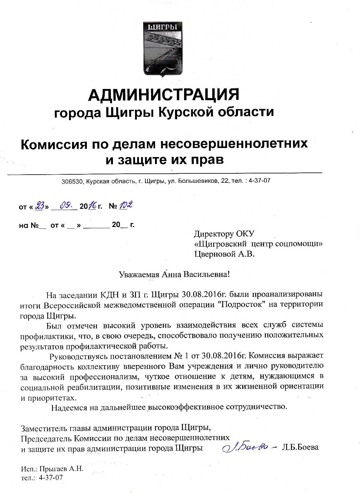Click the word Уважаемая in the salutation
coord(139,274)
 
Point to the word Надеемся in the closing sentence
coord(69,407)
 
